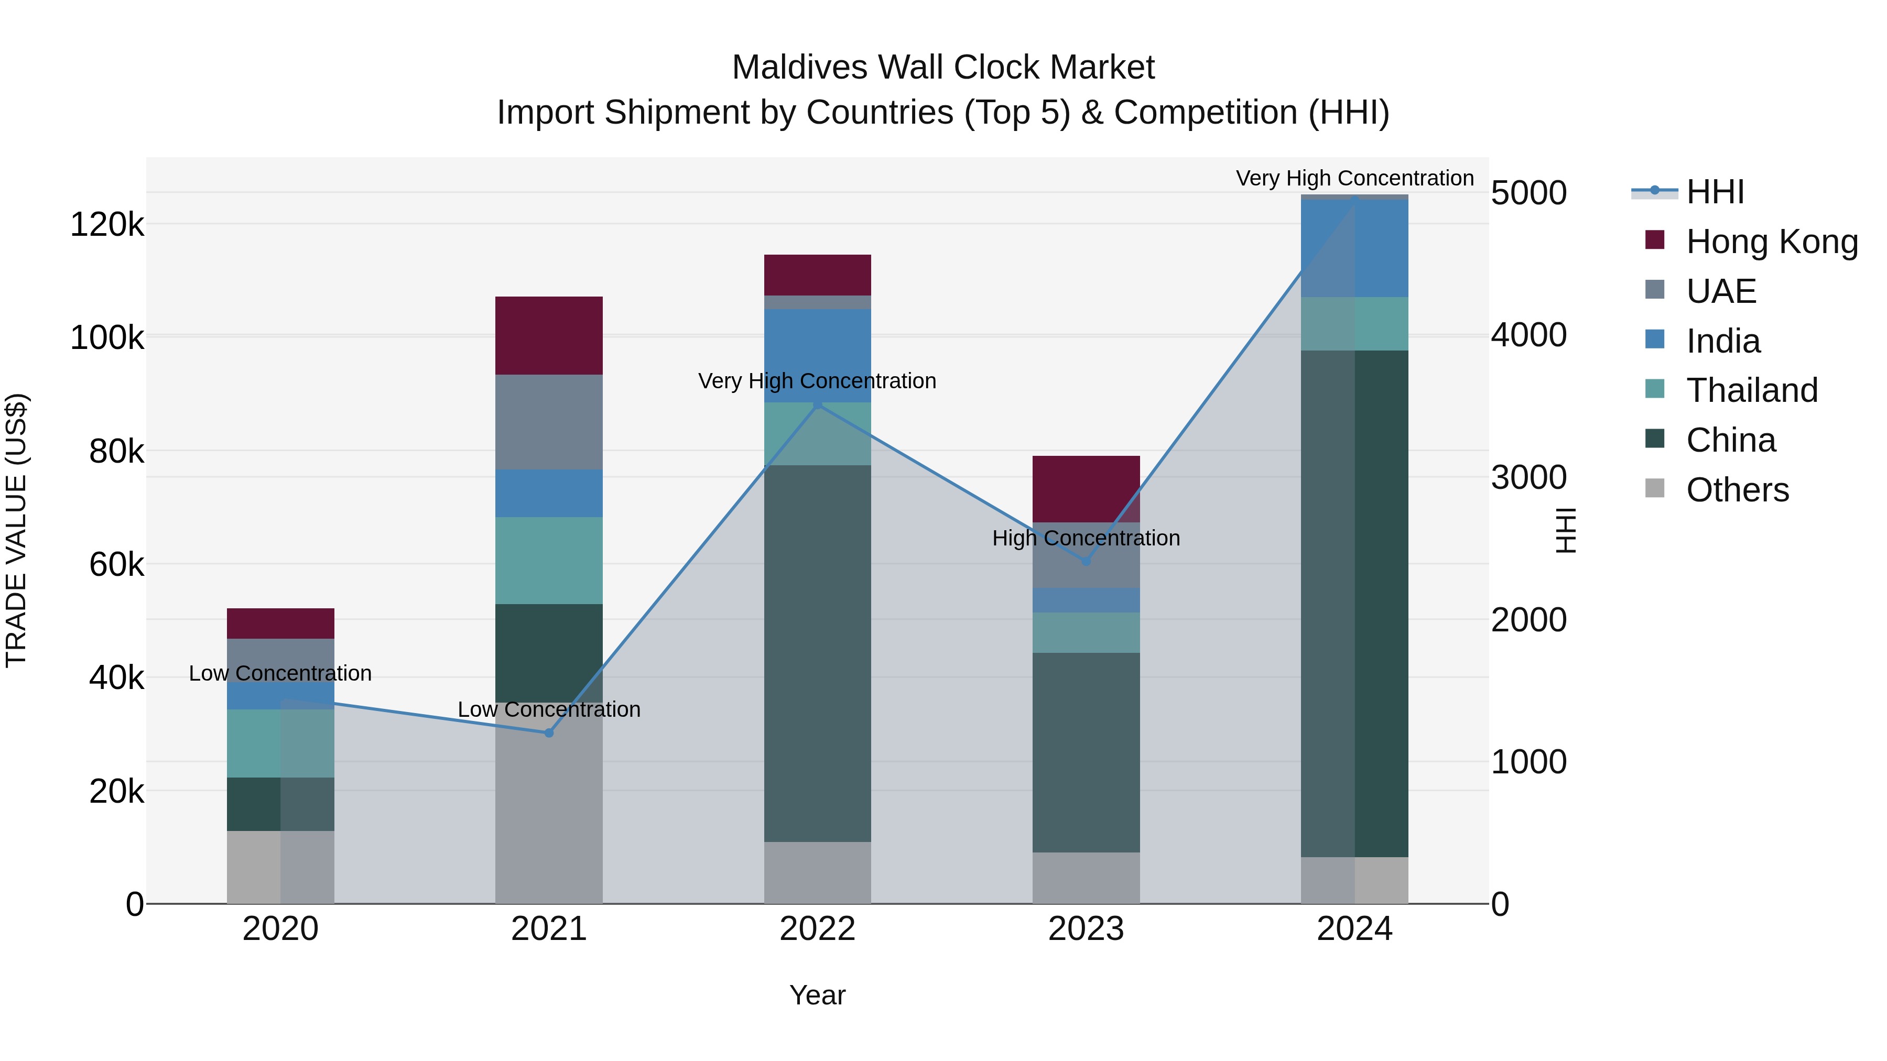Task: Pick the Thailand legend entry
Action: tap(1751, 391)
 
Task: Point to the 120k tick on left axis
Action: tap(107, 225)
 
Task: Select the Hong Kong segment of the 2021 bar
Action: tap(549, 335)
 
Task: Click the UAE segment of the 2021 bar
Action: tap(549, 422)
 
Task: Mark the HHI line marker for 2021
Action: tap(549, 733)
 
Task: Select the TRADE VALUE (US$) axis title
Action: tap(16, 530)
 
